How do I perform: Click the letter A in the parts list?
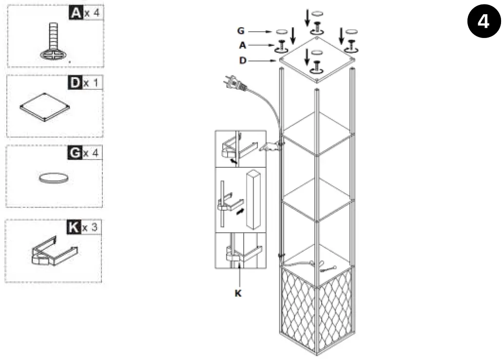click(x=76, y=13)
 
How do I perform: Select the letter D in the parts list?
click(x=75, y=82)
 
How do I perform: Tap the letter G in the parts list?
click(x=75, y=153)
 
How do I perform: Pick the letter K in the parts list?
click(x=73, y=227)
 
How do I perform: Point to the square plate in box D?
click(x=45, y=106)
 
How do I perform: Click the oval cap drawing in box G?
click(x=53, y=179)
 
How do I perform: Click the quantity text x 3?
click(x=91, y=227)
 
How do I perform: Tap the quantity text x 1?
click(x=91, y=83)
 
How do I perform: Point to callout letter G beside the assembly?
click(x=241, y=31)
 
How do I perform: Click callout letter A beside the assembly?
click(x=242, y=45)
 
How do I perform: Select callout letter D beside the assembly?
click(x=242, y=60)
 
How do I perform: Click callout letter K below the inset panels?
click(x=238, y=293)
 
